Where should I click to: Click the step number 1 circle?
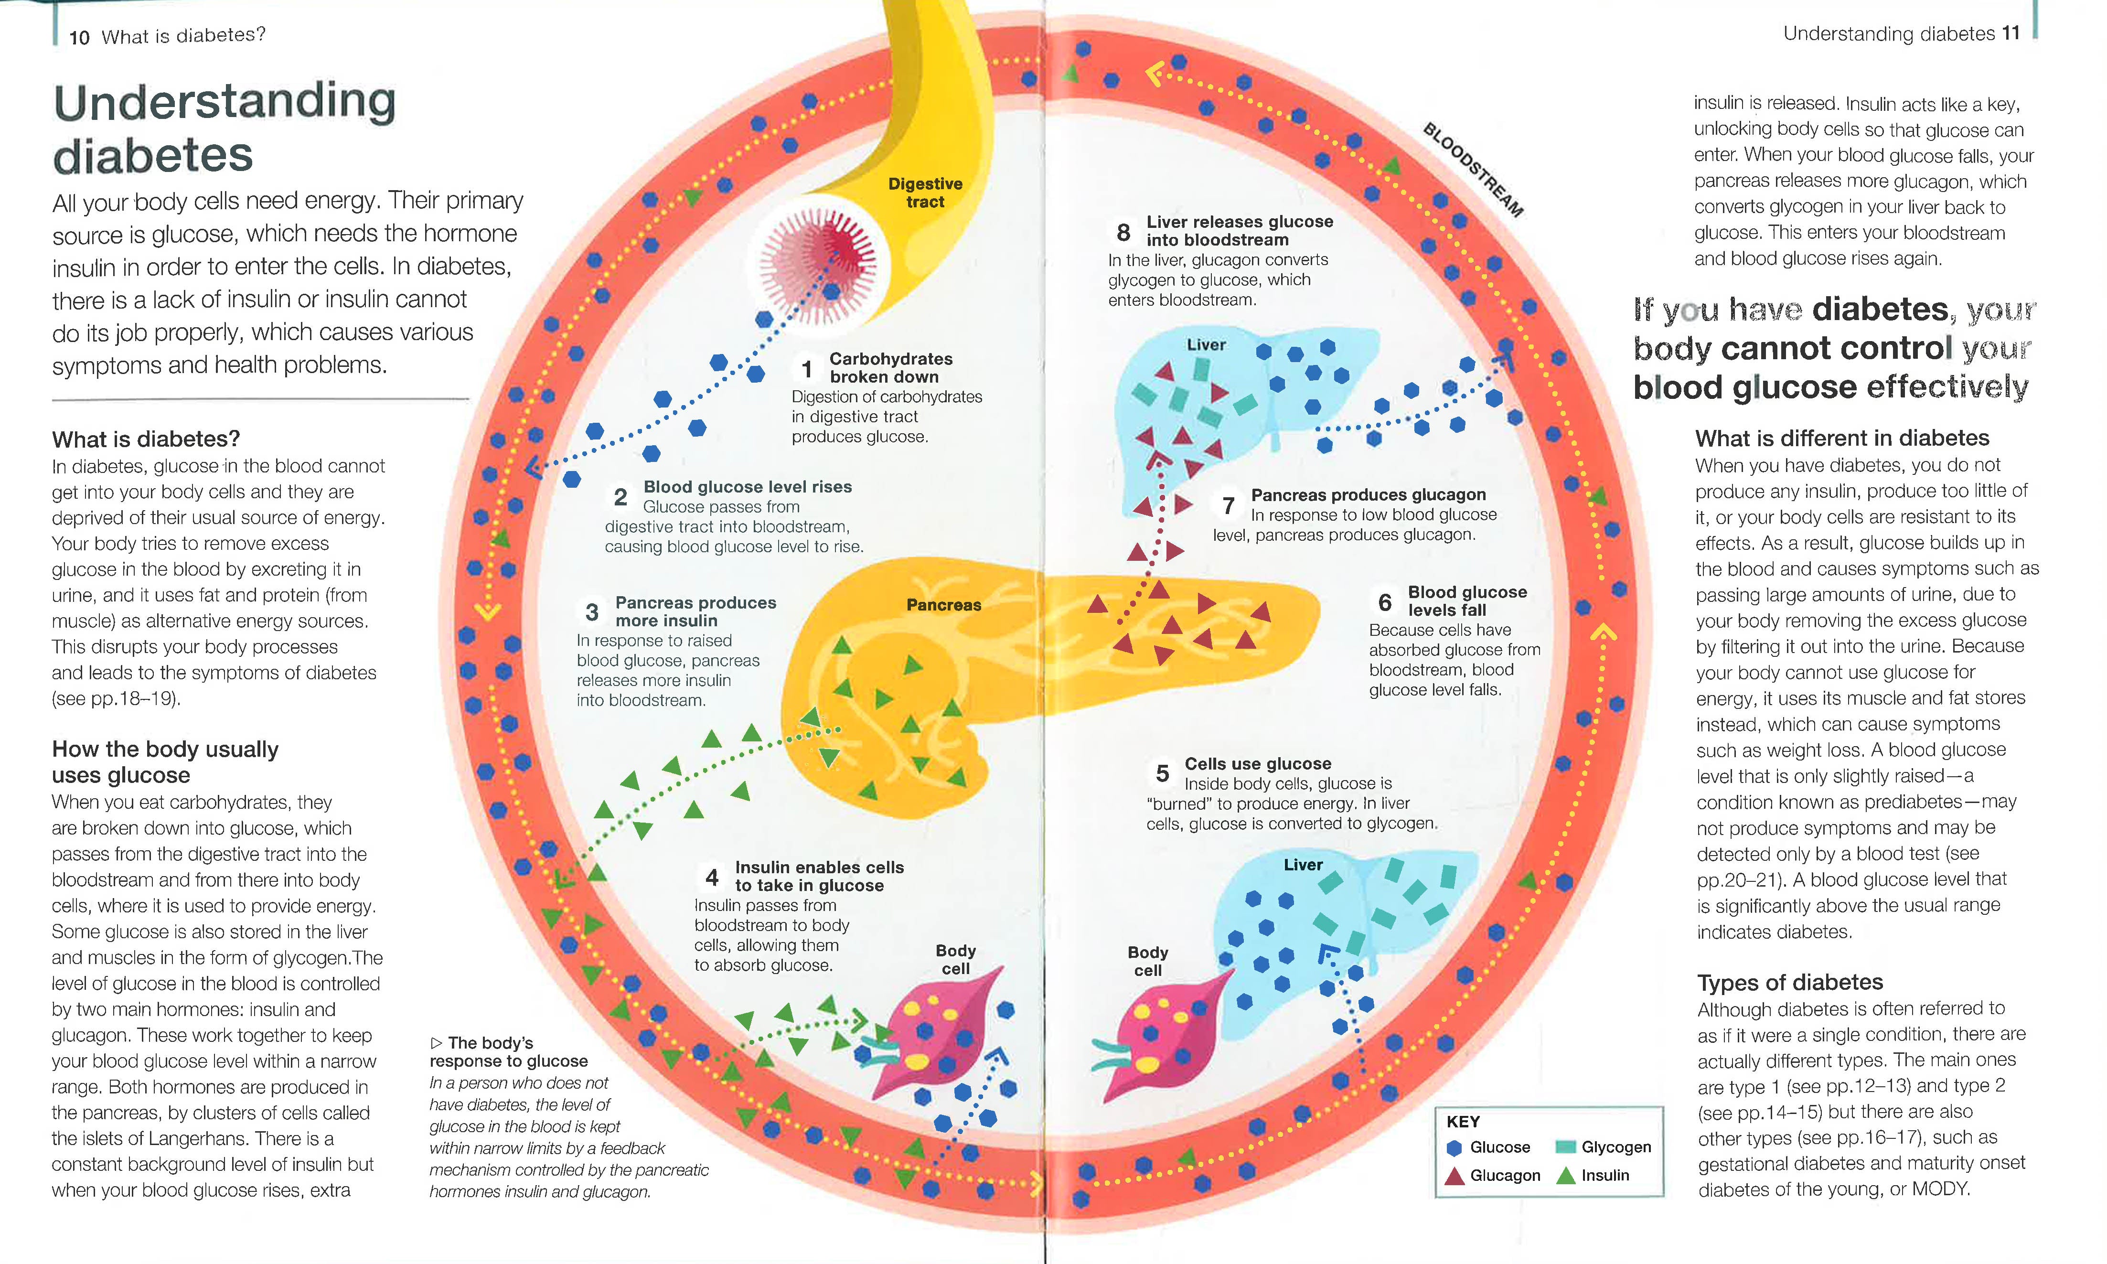806,369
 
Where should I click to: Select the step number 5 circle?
1162,773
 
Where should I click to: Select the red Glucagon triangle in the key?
1455,1176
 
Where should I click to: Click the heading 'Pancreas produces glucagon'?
1368,495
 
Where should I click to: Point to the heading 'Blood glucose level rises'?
747,487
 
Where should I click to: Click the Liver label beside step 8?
1206,345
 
